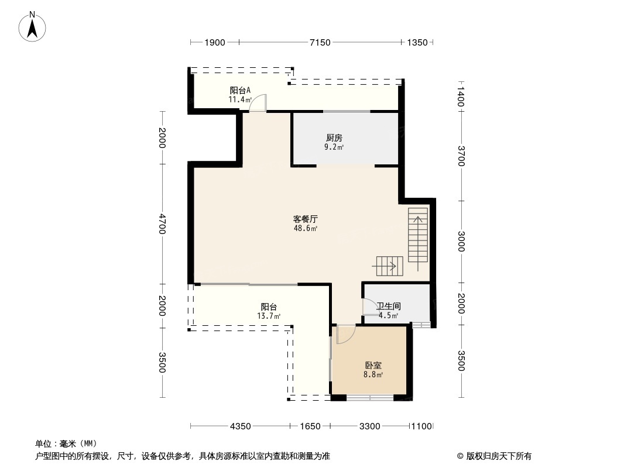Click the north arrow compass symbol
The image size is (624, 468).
click(32, 27)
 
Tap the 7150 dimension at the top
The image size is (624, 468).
click(320, 43)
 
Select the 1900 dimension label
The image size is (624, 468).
click(215, 43)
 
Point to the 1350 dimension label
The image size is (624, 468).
click(417, 43)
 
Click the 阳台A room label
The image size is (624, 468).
click(241, 90)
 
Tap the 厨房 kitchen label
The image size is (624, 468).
click(334, 138)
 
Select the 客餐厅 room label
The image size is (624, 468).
click(305, 219)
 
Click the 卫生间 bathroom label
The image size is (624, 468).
click(389, 306)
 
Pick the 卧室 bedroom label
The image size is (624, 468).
click(373, 365)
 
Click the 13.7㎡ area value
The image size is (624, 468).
click(269, 316)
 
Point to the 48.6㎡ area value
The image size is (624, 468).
click(305, 228)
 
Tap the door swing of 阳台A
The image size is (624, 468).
click(258, 103)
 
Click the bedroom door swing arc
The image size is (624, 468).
click(346, 334)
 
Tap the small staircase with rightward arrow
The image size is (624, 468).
click(390, 266)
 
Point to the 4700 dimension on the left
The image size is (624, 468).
click(162, 224)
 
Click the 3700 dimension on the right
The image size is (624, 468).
click(461, 156)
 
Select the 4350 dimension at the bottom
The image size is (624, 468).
click(241, 426)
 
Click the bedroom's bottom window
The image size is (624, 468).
click(370, 397)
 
